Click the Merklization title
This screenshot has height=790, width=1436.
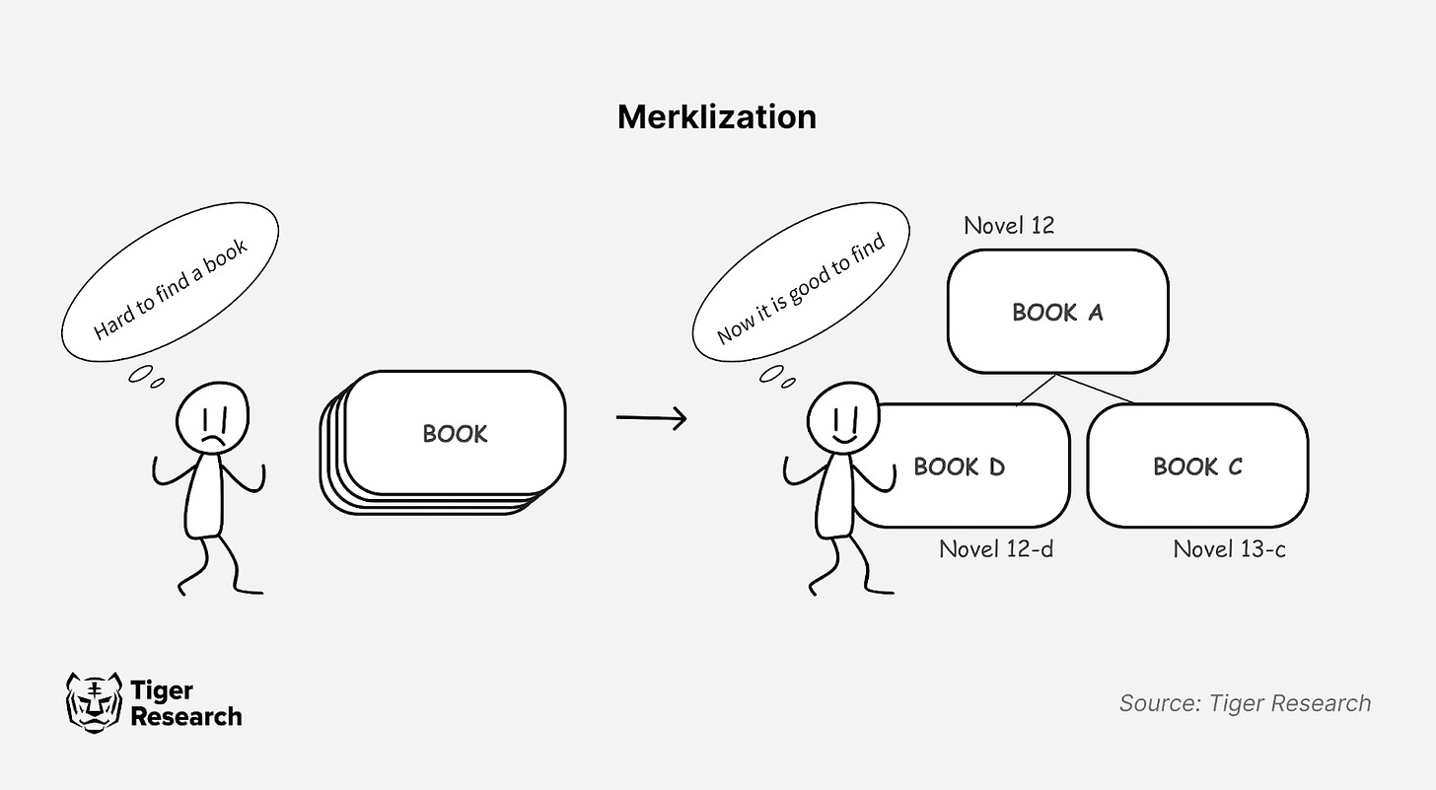coord(717,116)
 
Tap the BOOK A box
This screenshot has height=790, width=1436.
coord(1057,313)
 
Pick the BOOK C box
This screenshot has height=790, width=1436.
coord(1197,467)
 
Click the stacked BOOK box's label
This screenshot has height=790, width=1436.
coord(455,434)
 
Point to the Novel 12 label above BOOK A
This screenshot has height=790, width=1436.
coord(1009,226)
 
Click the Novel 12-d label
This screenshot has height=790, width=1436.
coord(996,548)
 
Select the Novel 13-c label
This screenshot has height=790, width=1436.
coord(1229,548)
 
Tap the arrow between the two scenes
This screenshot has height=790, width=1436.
coord(651,418)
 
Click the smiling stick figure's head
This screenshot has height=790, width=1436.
coord(842,417)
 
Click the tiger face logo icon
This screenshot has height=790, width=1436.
coord(94,702)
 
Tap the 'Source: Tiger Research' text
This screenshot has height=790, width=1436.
coord(1245,703)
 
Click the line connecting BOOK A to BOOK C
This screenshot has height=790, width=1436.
coord(1097,389)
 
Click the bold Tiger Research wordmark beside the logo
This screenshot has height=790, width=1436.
coord(185,703)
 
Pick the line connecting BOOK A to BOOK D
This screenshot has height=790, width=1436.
coord(1036,390)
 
